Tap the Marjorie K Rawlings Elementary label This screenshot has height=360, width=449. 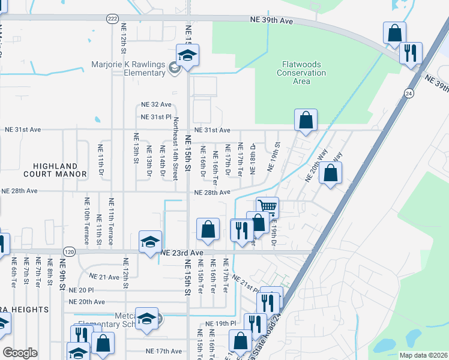[128, 68]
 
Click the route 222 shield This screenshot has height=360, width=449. [112, 19]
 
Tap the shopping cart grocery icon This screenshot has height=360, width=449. [267, 207]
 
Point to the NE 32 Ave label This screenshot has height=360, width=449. [156, 104]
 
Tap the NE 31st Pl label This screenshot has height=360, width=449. [156, 117]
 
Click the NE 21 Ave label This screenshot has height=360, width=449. [105, 277]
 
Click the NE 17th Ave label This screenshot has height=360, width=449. [163, 351]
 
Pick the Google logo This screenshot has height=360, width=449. [20, 353]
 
